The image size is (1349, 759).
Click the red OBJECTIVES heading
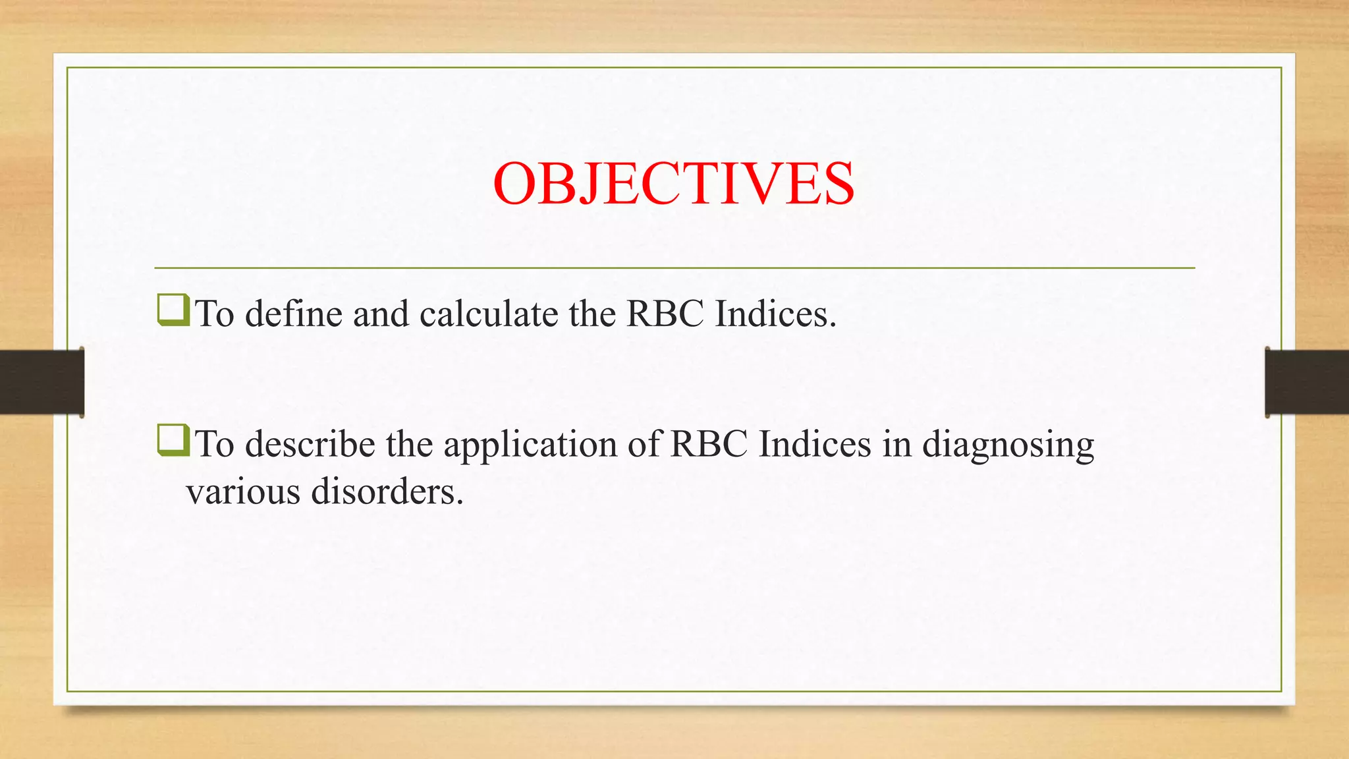click(673, 184)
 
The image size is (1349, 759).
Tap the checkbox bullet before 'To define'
click(173, 311)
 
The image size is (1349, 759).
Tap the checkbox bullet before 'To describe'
click(173, 441)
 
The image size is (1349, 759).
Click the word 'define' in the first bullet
click(294, 314)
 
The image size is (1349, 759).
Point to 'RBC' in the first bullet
click(665, 314)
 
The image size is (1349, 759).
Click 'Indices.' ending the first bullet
click(775, 314)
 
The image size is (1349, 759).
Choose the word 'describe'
click(310, 444)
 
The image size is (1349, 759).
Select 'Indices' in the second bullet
click(815, 444)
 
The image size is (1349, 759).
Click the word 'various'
click(243, 492)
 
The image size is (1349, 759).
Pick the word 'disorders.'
click(387, 492)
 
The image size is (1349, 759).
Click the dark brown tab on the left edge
click(41, 382)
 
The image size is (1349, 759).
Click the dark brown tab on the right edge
click(1307, 382)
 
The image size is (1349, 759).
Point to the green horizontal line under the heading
click(674, 268)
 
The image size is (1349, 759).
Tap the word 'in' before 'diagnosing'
click(896, 444)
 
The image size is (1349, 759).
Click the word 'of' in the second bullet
click(643, 444)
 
